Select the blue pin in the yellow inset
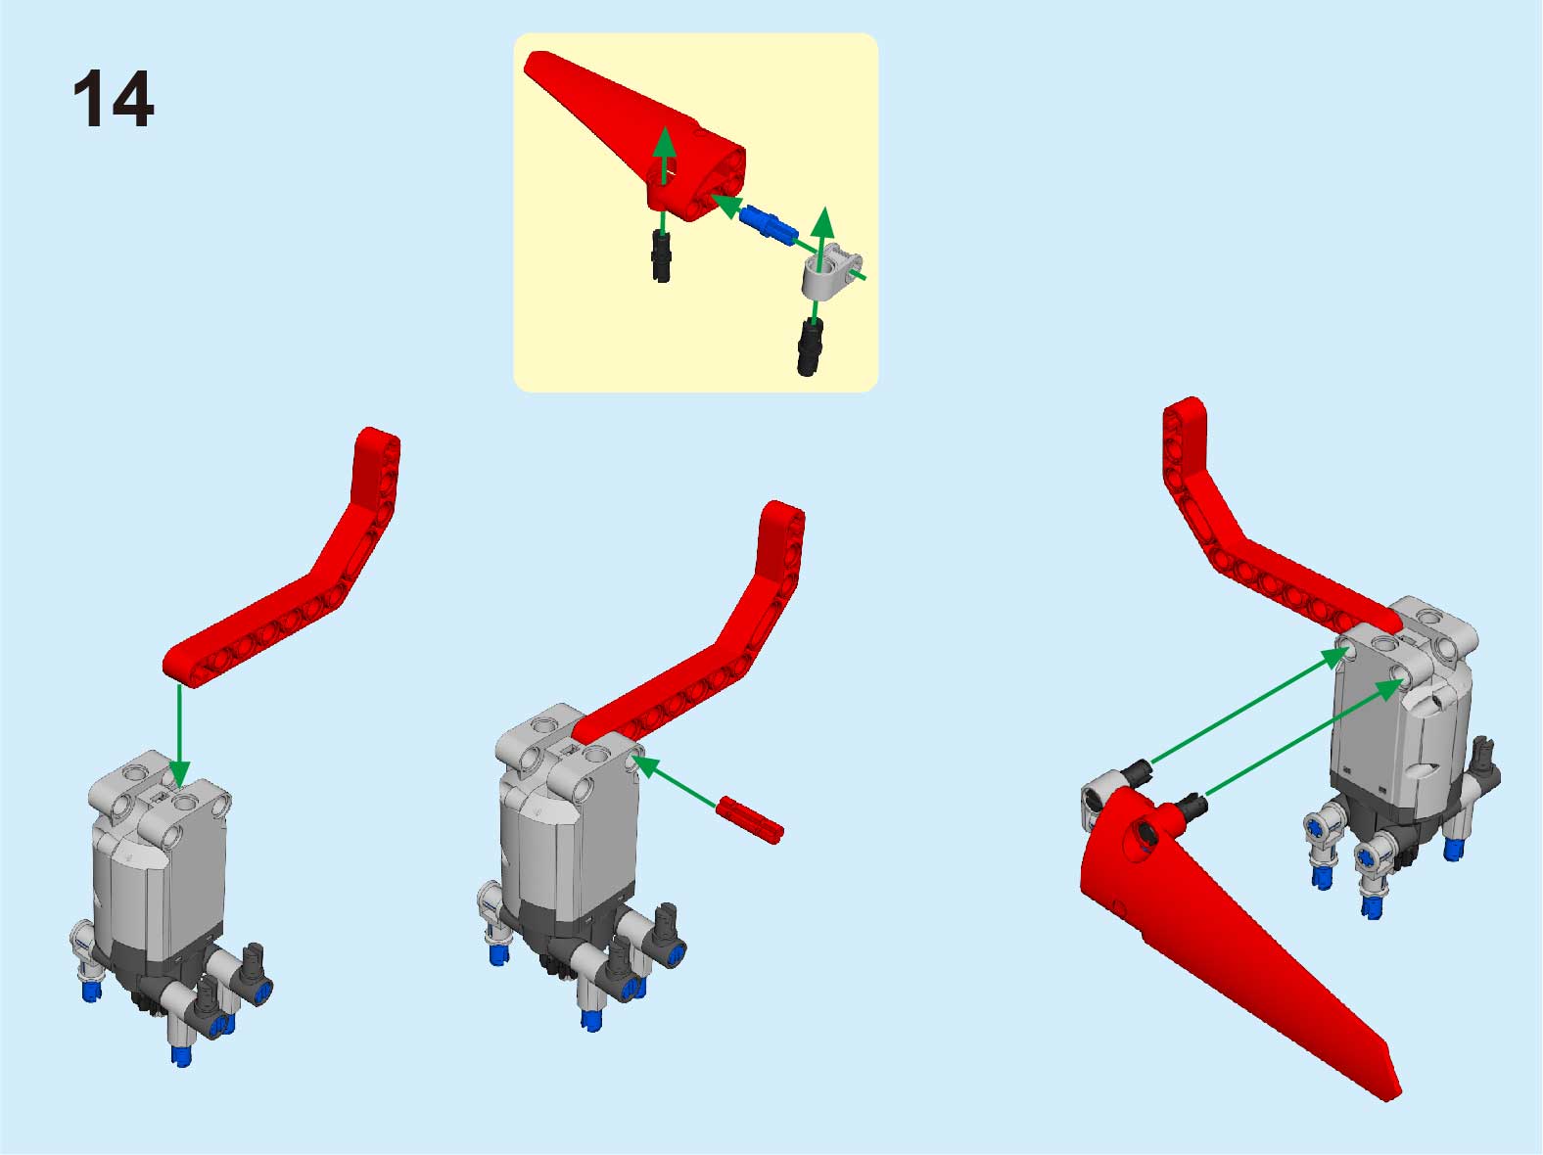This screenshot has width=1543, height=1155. click(x=768, y=224)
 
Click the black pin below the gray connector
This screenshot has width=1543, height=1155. click(x=811, y=346)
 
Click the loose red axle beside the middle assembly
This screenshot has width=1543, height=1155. click(x=749, y=820)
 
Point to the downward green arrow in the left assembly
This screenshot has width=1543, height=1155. click(x=179, y=735)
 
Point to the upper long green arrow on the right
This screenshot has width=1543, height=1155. click(x=1247, y=706)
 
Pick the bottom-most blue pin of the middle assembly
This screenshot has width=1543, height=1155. click(x=592, y=1020)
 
